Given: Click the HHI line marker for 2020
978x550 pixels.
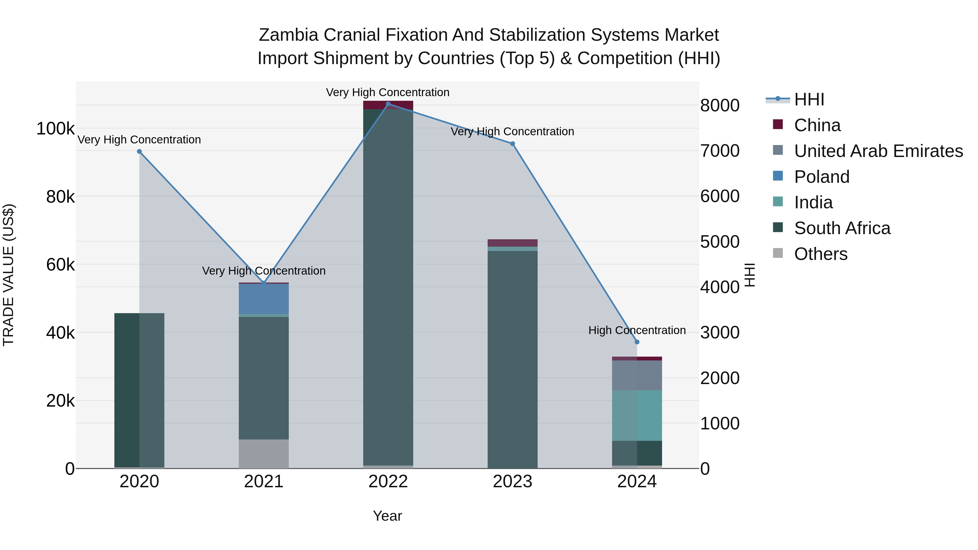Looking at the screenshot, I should click(x=139, y=152).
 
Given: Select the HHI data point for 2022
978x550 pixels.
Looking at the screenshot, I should click(x=388, y=104).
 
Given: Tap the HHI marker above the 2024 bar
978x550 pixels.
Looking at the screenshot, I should click(x=637, y=342).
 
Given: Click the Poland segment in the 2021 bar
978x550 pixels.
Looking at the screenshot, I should click(x=264, y=299).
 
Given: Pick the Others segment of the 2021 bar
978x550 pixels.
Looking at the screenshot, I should click(x=264, y=454).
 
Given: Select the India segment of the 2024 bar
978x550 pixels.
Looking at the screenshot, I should click(x=637, y=415).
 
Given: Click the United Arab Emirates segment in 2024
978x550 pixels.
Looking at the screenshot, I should click(x=637, y=375).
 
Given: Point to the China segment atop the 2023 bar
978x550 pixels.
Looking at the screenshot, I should click(x=513, y=243).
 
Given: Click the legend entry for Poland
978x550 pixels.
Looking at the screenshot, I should click(x=821, y=177).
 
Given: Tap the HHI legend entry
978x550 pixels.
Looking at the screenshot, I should click(x=809, y=99).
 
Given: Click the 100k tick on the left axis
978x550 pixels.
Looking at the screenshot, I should click(x=55, y=129).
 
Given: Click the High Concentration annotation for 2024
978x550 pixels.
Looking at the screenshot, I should click(x=637, y=330).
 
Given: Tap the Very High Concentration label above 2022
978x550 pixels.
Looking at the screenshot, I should click(x=388, y=92).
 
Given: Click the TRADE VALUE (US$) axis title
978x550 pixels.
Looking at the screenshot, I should click(x=8, y=275).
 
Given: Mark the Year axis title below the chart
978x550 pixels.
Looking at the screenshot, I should click(x=387, y=516).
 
